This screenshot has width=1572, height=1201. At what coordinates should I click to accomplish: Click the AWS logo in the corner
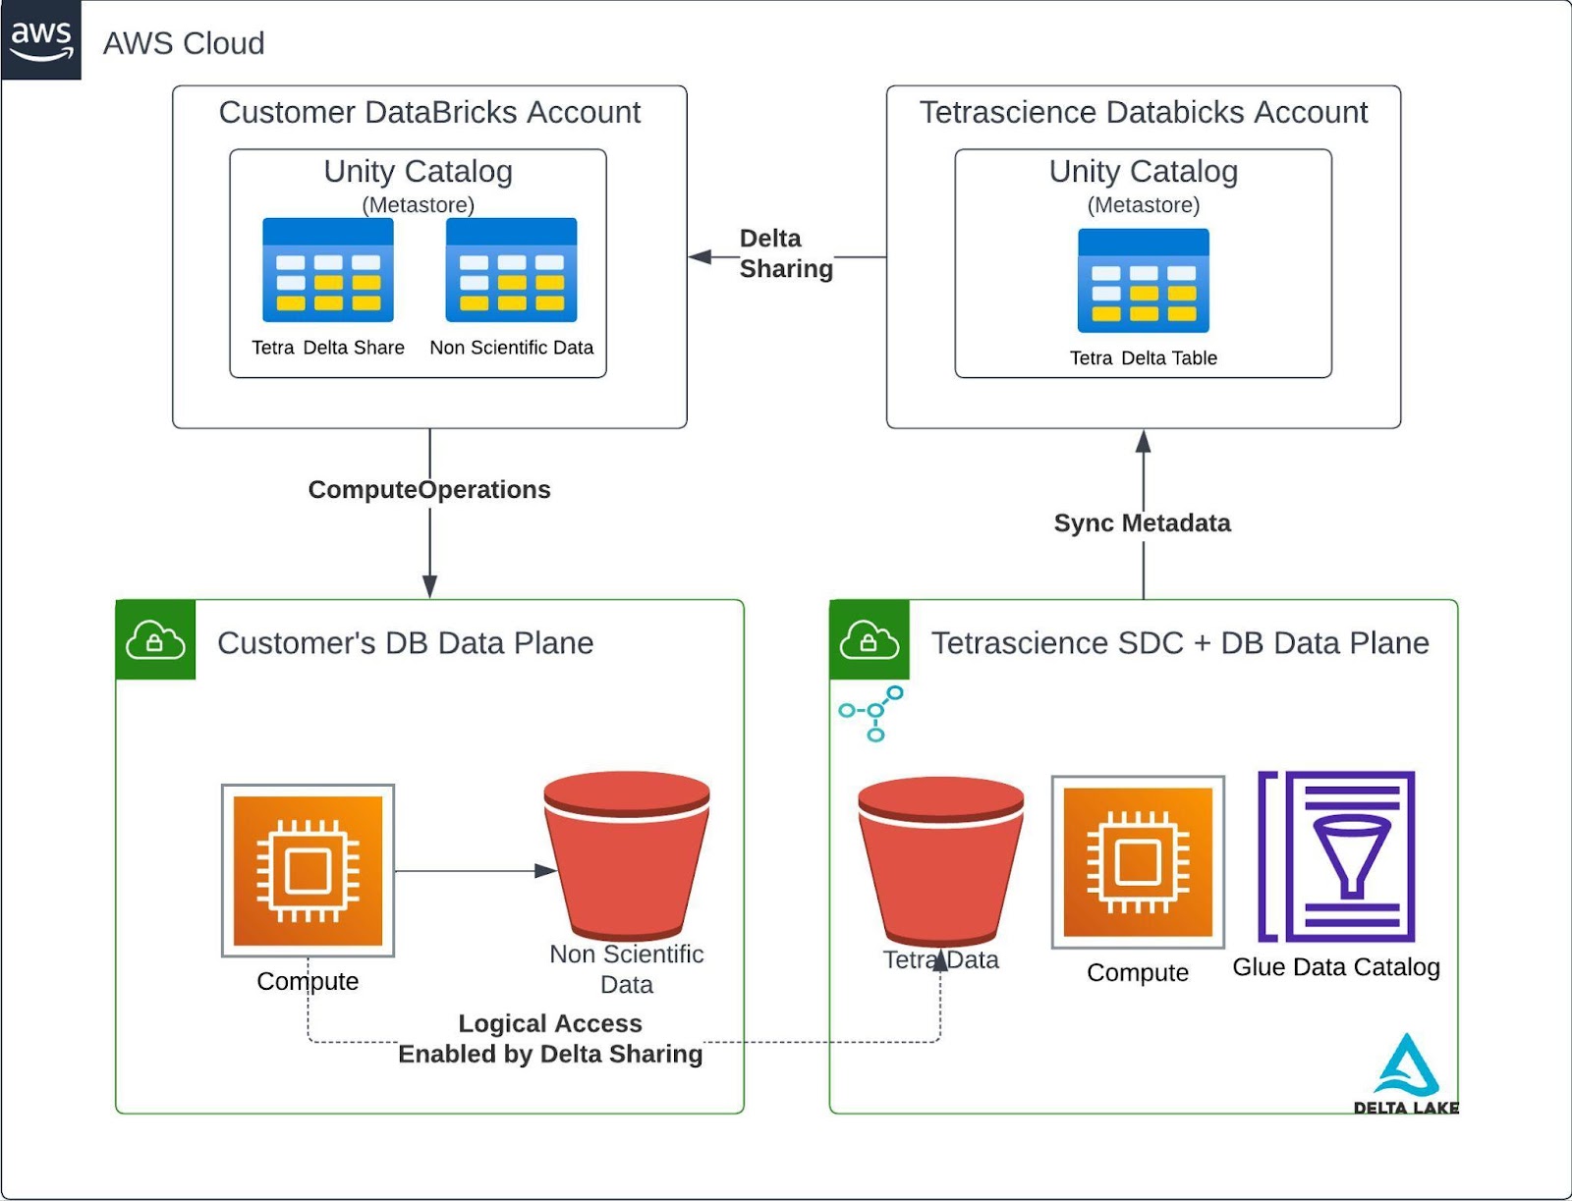pyautogui.click(x=40, y=40)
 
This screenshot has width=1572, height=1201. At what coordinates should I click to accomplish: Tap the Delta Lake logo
pyautogui.click(x=1406, y=1074)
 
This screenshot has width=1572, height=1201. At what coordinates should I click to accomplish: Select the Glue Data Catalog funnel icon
pyautogui.click(x=1337, y=855)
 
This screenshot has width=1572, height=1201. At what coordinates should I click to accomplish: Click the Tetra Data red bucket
pyautogui.click(x=940, y=859)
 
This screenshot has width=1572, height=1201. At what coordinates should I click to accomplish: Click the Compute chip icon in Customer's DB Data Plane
pyautogui.click(x=308, y=870)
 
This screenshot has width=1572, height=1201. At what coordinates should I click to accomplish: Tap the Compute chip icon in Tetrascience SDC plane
pyautogui.click(x=1138, y=862)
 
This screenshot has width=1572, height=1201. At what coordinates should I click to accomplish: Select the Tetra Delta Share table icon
pyautogui.click(x=328, y=270)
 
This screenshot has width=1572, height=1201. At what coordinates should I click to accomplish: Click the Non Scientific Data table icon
pyautogui.click(x=511, y=270)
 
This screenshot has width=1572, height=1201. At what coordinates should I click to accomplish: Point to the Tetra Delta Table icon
pyautogui.click(x=1143, y=281)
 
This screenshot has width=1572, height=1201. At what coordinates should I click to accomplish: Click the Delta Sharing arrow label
pyautogui.click(x=785, y=253)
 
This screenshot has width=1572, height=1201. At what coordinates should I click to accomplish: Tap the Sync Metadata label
pyautogui.click(x=1142, y=522)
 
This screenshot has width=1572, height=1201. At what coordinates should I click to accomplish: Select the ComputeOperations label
pyautogui.click(x=429, y=489)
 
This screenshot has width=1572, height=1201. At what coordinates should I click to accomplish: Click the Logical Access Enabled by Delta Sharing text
pyautogui.click(x=550, y=1038)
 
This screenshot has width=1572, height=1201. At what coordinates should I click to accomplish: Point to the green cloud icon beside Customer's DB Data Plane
pyautogui.click(x=155, y=640)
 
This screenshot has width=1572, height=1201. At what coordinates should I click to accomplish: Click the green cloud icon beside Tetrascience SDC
pyautogui.click(x=870, y=640)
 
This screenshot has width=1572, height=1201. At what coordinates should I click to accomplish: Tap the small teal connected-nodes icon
pyautogui.click(x=871, y=713)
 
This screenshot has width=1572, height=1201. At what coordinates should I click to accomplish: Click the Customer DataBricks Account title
pyautogui.click(x=429, y=112)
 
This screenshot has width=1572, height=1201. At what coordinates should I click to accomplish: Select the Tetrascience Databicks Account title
pyautogui.click(x=1143, y=112)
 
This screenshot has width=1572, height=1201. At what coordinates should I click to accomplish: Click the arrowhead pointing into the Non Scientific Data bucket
pyautogui.click(x=545, y=870)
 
